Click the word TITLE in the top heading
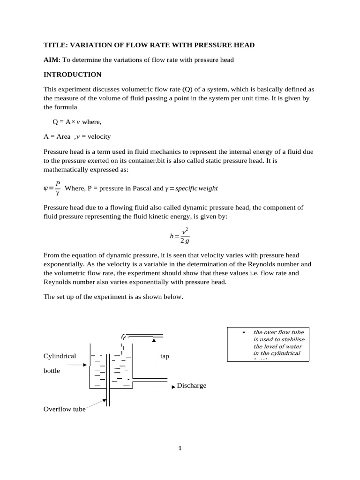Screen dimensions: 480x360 tap(53, 45)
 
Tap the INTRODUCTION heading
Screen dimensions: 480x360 tap(72, 74)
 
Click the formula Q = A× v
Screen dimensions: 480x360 tap(66, 122)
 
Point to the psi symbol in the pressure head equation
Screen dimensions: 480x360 tap(45, 188)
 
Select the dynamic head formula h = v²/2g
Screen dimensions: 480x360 tap(180, 236)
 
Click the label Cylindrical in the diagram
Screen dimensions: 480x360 tap(60, 356)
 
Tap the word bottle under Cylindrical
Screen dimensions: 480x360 tap(52, 370)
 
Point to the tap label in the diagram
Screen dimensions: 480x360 tap(165, 356)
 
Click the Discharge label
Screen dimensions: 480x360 tap(191, 386)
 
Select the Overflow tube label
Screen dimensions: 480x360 tap(65, 409)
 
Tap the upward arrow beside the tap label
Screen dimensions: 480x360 tap(154, 350)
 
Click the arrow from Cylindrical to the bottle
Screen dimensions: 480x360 tap(84, 364)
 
